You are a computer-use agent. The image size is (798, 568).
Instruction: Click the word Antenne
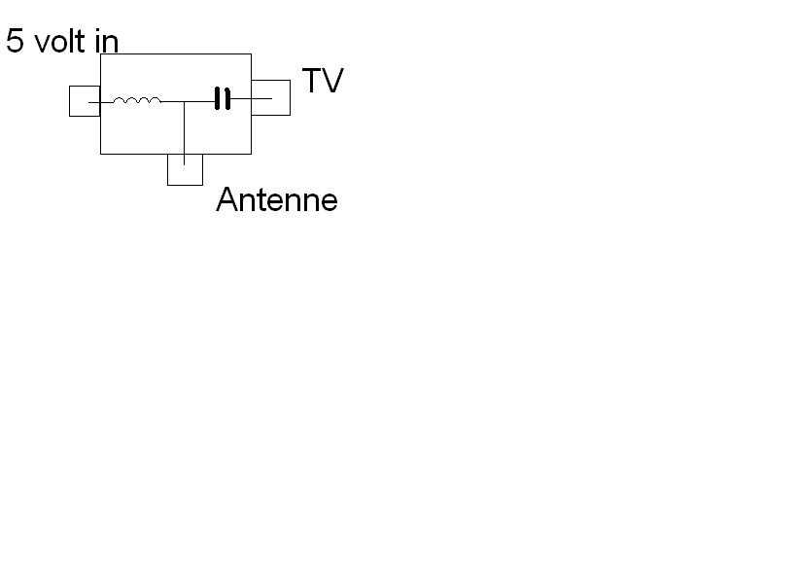(x=277, y=200)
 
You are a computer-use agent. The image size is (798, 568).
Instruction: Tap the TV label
(x=323, y=81)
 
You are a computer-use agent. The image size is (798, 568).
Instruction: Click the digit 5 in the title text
(x=15, y=41)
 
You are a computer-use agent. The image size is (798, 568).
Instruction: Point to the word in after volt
(x=108, y=41)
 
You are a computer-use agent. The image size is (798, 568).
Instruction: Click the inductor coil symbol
(x=137, y=99)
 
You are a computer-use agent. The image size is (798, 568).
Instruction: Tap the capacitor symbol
(x=224, y=99)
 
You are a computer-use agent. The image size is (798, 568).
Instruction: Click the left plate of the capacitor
(x=219, y=99)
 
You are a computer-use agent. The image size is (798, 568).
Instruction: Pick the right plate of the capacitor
(x=228, y=99)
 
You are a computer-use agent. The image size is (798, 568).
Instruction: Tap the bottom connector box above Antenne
(x=185, y=170)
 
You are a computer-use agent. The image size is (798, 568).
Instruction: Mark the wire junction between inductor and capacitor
(x=185, y=101)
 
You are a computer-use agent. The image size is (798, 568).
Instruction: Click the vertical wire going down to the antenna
(x=185, y=131)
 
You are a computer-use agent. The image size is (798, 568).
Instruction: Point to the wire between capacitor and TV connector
(x=251, y=99)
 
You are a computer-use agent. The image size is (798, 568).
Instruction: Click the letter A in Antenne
(x=226, y=200)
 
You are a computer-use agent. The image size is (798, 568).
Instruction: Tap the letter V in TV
(x=333, y=81)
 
